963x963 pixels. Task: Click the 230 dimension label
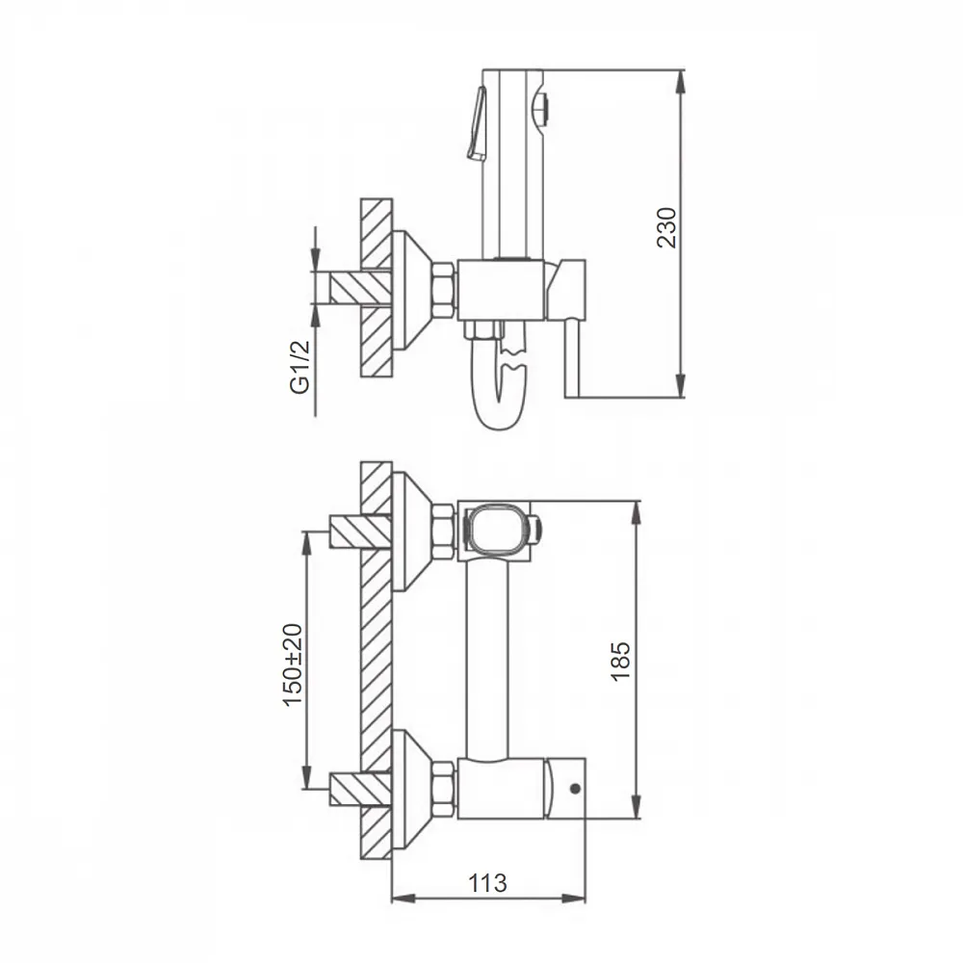tap(667, 228)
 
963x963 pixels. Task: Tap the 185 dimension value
tap(621, 661)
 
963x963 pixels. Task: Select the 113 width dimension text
tap(487, 883)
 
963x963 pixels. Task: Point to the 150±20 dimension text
tap(293, 664)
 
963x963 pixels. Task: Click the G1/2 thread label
tap(300, 367)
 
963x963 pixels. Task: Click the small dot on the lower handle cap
tap(576, 789)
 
